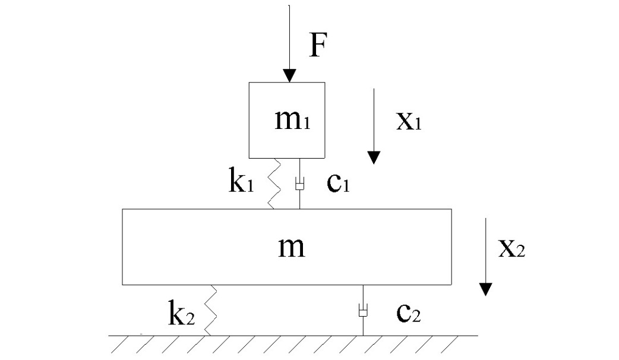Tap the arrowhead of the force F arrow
coord(290,76)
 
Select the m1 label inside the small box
coord(292,119)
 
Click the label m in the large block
coord(292,247)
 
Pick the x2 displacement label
coord(511,249)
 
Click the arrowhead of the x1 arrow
coord(374,157)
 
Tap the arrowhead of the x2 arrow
coord(485,289)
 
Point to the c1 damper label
coord(339,183)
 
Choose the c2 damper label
coord(409,312)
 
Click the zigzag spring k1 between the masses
coord(274,184)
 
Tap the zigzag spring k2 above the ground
coord(210,310)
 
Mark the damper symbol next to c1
coord(299,184)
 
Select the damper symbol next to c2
coord(363,310)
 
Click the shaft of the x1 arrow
coord(374,120)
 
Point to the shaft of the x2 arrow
coord(485,251)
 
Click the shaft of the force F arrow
coord(290,37)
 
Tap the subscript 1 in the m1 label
coord(307,123)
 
